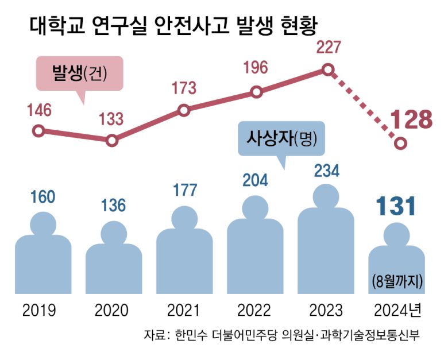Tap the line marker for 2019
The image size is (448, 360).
coord(38,131)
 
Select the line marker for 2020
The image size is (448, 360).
coord(112,140)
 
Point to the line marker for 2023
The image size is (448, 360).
coord(327,70)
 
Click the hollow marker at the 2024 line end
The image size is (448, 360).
coord(401,144)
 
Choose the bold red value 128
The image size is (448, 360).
coord(410,120)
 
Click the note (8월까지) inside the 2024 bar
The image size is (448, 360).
coord(397,281)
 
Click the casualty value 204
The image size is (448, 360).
coord(255,180)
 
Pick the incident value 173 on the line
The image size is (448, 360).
coord(184,88)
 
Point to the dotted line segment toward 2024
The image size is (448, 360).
coord(365,107)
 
